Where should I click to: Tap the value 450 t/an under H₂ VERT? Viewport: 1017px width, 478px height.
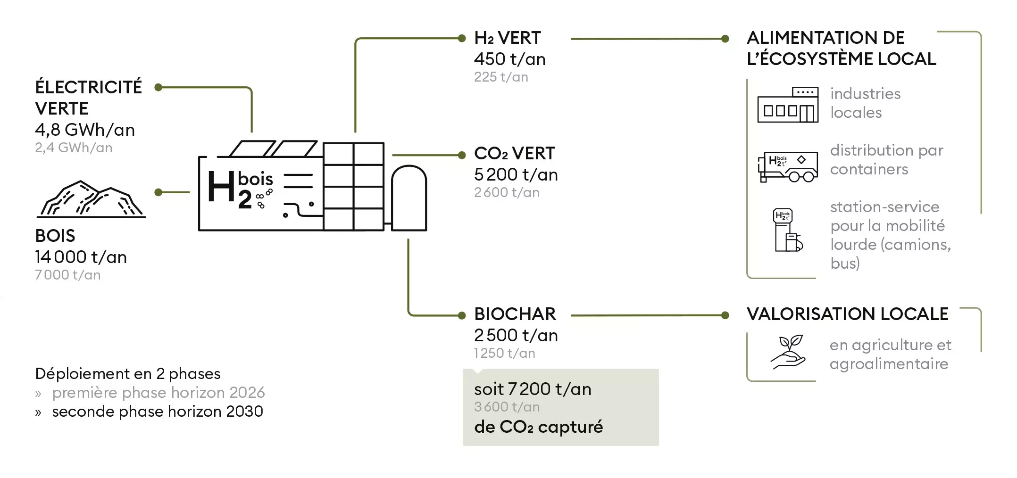(x=509, y=59)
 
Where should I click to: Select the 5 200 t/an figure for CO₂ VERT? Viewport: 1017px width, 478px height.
(x=516, y=175)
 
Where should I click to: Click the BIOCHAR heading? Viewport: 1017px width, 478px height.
(x=515, y=314)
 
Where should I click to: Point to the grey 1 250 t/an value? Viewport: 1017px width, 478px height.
(x=504, y=354)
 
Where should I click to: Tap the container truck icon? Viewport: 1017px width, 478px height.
(x=787, y=166)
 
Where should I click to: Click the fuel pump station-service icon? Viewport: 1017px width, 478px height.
(x=787, y=230)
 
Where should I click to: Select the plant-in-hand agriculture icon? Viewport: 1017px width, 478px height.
(x=788, y=352)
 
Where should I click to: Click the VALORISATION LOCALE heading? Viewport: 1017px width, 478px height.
(x=847, y=314)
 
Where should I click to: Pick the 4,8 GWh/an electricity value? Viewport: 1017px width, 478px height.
(x=85, y=130)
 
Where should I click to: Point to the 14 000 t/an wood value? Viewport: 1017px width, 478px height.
(x=81, y=257)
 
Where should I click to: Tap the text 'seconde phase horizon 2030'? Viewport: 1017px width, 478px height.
(x=157, y=412)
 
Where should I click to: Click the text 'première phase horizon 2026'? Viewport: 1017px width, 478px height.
(x=158, y=393)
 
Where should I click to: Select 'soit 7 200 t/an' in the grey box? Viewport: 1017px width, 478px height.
(x=533, y=389)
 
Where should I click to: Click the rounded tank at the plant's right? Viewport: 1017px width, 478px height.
(x=408, y=198)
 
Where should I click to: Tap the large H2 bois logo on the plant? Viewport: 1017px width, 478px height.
(x=240, y=190)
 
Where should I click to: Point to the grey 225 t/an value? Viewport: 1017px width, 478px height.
(x=501, y=77)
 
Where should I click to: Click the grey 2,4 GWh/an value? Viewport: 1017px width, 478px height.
(x=74, y=148)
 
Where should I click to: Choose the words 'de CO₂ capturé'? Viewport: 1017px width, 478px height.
(x=538, y=427)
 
